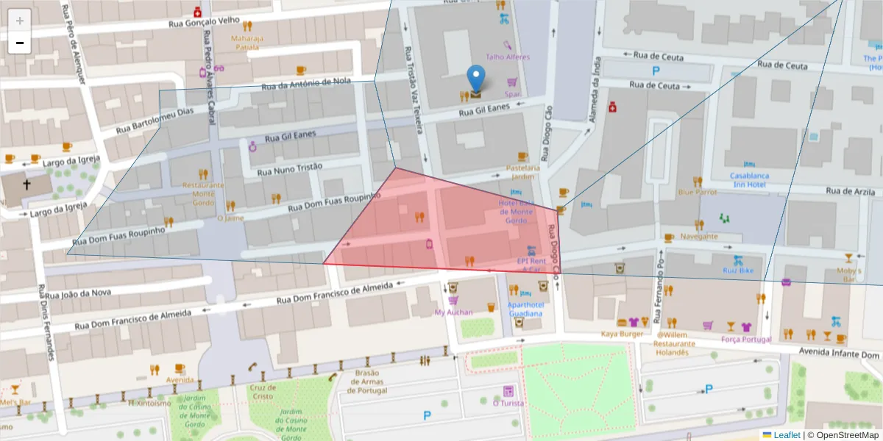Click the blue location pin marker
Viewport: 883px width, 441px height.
(476, 79)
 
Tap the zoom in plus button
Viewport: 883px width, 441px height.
(20, 21)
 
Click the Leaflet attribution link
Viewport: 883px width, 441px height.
(787, 434)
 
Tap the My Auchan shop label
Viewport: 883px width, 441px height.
(453, 312)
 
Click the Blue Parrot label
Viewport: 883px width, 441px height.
(697, 193)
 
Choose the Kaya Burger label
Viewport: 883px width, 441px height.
(623, 334)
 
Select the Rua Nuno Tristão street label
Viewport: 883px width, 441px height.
(290, 168)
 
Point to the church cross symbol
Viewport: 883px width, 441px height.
(26, 185)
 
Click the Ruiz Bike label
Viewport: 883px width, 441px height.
(738, 270)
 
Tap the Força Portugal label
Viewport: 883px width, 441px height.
(746, 340)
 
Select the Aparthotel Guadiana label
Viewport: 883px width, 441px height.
(525, 309)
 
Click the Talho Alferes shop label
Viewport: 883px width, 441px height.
(507, 57)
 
